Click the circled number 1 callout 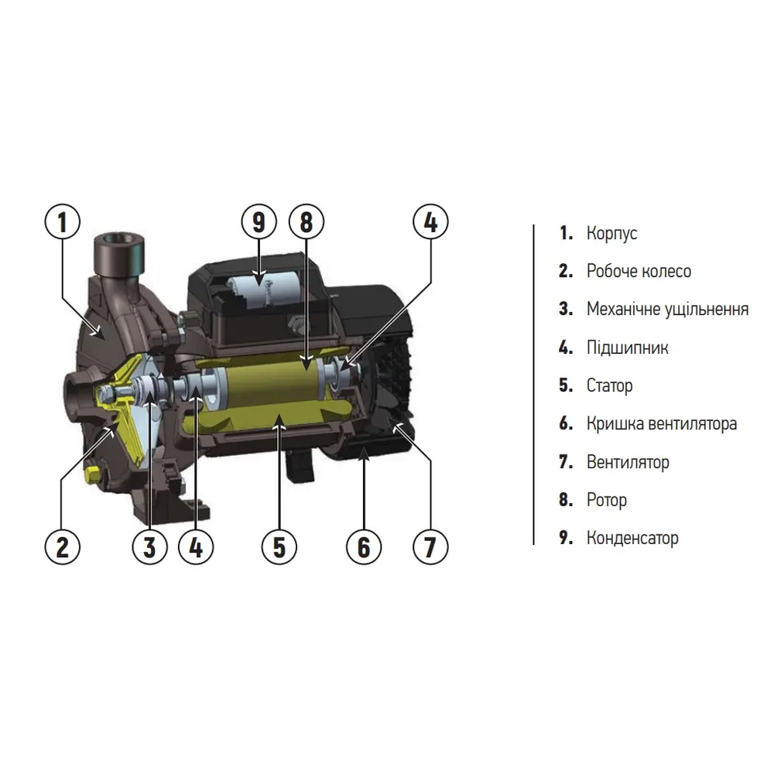(62, 221)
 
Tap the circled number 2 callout (62, 547)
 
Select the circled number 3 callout (149, 547)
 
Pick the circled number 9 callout (259, 221)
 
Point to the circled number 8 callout (306, 221)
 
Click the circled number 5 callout (279, 547)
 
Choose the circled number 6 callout (364, 547)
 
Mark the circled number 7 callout (430, 547)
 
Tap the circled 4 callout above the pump (430, 221)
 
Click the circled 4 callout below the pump (196, 547)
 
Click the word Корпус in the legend (611, 234)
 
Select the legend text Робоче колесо (639, 271)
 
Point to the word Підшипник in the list (628, 348)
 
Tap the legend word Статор (610, 385)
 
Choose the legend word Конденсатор (632, 538)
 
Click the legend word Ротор (607, 500)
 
